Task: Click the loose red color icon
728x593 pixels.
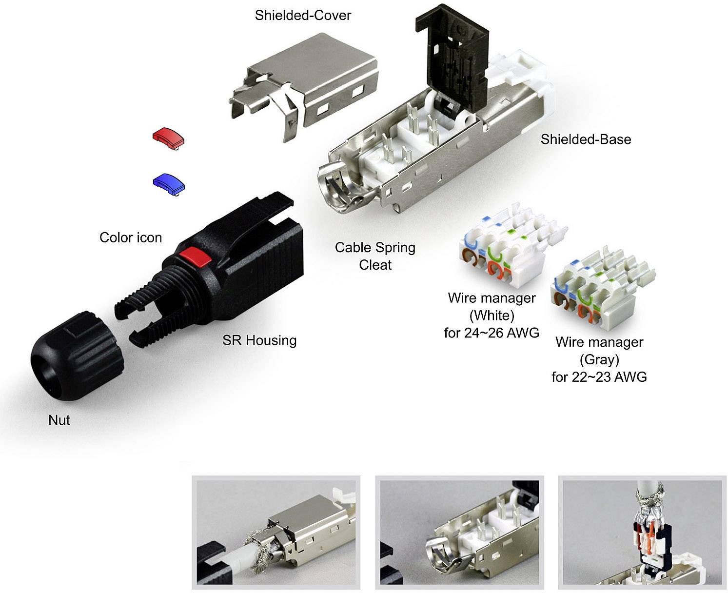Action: click(x=168, y=138)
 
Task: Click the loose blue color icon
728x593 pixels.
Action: click(x=169, y=184)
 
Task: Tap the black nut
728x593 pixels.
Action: click(x=77, y=356)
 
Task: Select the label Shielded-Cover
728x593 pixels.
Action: click(x=303, y=16)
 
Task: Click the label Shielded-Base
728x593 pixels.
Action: click(x=586, y=139)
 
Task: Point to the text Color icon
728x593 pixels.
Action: click(x=131, y=237)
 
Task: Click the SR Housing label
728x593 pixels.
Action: click(x=259, y=340)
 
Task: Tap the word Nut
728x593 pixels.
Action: click(x=59, y=420)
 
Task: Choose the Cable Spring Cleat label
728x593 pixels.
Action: click(x=375, y=256)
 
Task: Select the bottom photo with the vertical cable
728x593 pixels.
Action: click(x=642, y=532)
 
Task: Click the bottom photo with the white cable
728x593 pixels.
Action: click(x=276, y=532)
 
